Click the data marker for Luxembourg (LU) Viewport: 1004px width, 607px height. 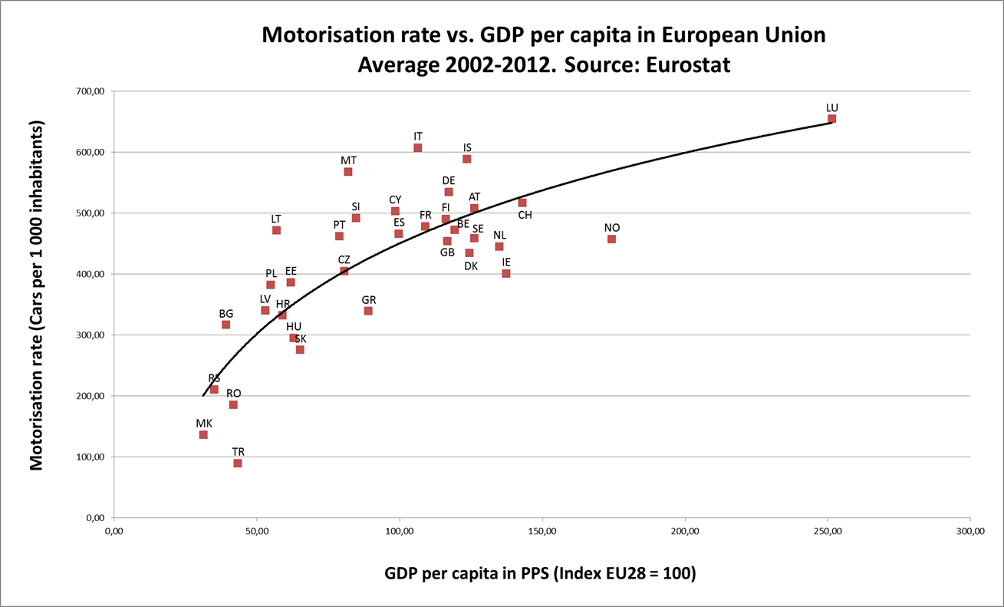[831, 119]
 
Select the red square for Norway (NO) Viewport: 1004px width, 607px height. [611, 239]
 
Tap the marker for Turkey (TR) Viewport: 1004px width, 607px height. [238, 463]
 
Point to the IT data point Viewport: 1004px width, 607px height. [417, 148]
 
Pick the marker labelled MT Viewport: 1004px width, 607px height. [348, 172]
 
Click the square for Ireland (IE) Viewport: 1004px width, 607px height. [506, 273]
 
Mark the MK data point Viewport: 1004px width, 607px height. [203, 435]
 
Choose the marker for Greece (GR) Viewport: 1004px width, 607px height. [368, 311]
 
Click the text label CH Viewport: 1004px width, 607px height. [525, 216]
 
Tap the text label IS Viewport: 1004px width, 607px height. [467, 147]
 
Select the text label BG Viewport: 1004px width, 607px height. [226, 314]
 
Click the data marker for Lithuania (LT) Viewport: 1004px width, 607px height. [276, 230]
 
